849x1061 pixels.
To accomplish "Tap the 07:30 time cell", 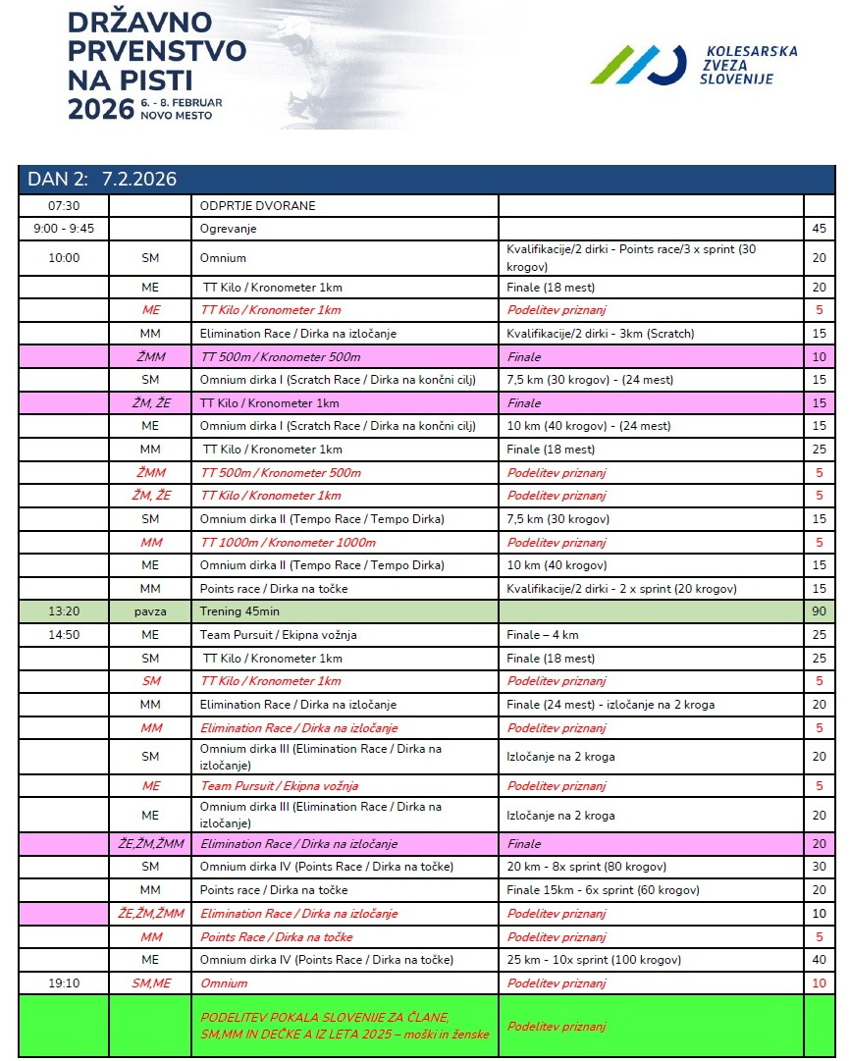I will (x=64, y=205).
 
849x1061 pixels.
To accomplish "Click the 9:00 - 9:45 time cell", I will (x=64, y=228).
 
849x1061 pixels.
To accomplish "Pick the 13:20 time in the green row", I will (x=64, y=610).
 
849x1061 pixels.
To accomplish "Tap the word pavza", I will (x=150, y=610).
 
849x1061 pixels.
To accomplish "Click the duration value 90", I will (x=819, y=610).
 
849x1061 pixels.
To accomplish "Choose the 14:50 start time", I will (x=64, y=634).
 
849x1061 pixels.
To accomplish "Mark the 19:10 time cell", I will (x=64, y=982).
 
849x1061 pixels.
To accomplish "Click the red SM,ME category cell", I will (x=150, y=982).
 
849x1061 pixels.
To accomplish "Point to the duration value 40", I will (x=819, y=959).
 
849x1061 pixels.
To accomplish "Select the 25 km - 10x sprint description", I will (x=594, y=959).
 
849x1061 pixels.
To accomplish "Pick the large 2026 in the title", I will (x=100, y=108).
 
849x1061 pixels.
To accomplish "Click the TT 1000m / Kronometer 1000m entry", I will (x=288, y=542).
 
